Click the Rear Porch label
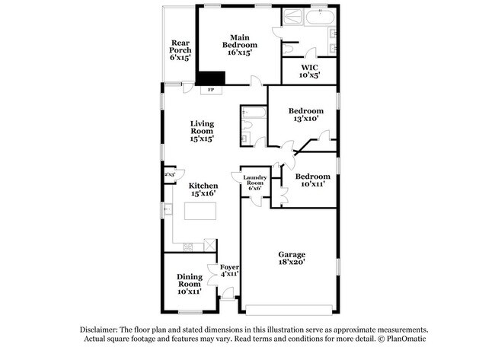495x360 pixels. (x=180, y=50)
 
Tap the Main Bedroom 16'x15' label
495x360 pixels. (x=237, y=45)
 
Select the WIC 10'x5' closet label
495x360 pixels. (x=308, y=71)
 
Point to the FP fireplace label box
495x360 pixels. (x=211, y=90)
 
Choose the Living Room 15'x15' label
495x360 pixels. (x=202, y=131)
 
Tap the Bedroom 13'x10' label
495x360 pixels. (x=304, y=115)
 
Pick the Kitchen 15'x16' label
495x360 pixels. (x=203, y=190)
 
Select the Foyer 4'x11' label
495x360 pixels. (x=229, y=271)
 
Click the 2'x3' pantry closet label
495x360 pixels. (x=169, y=174)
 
